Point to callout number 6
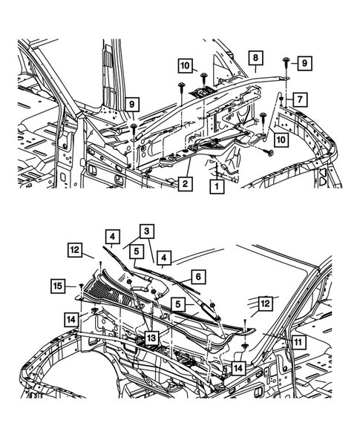(197, 275)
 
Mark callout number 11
(295, 343)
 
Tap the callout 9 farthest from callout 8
(130, 104)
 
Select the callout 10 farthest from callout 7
(185, 66)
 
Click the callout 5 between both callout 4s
(138, 251)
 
